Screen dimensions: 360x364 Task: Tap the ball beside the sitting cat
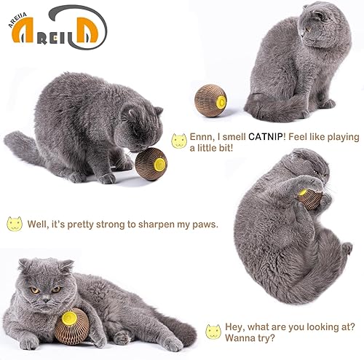tap(210, 98)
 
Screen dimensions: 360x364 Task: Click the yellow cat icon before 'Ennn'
tap(178, 141)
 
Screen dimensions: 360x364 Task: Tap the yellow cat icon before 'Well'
tap(14, 224)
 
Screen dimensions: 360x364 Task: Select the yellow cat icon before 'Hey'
tap(213, 331)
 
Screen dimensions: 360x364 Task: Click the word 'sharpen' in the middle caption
tap(146, 224)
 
